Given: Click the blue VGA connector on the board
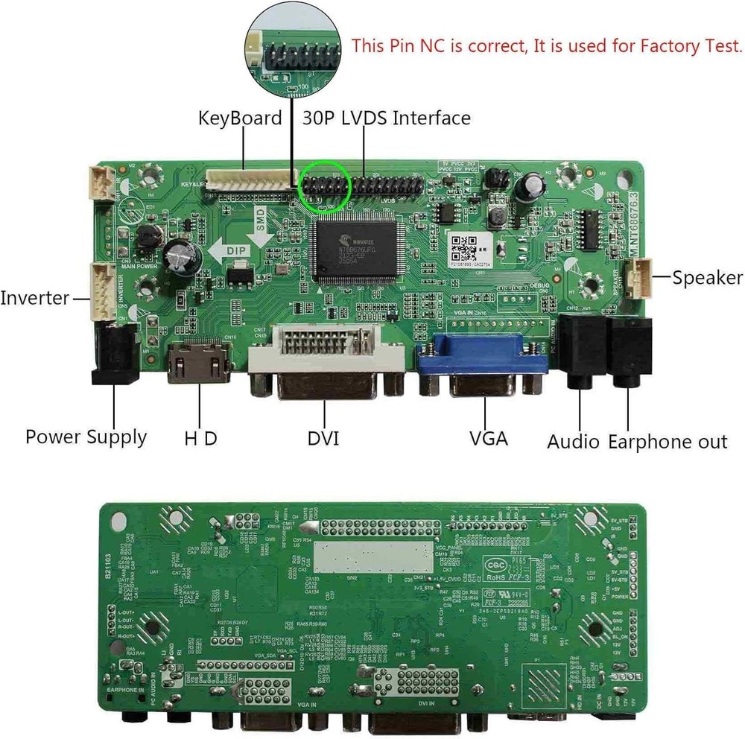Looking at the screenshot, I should (484, 358).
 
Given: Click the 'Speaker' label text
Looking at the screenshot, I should (707, 279).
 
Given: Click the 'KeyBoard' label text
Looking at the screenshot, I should (240, 118).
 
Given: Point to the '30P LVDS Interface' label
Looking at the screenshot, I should (387, 118).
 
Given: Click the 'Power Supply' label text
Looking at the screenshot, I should (86, 437).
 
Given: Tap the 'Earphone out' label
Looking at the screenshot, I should (668, 442).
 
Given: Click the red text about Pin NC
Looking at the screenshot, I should (547, 46).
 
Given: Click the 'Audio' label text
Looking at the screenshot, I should (574, 442).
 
